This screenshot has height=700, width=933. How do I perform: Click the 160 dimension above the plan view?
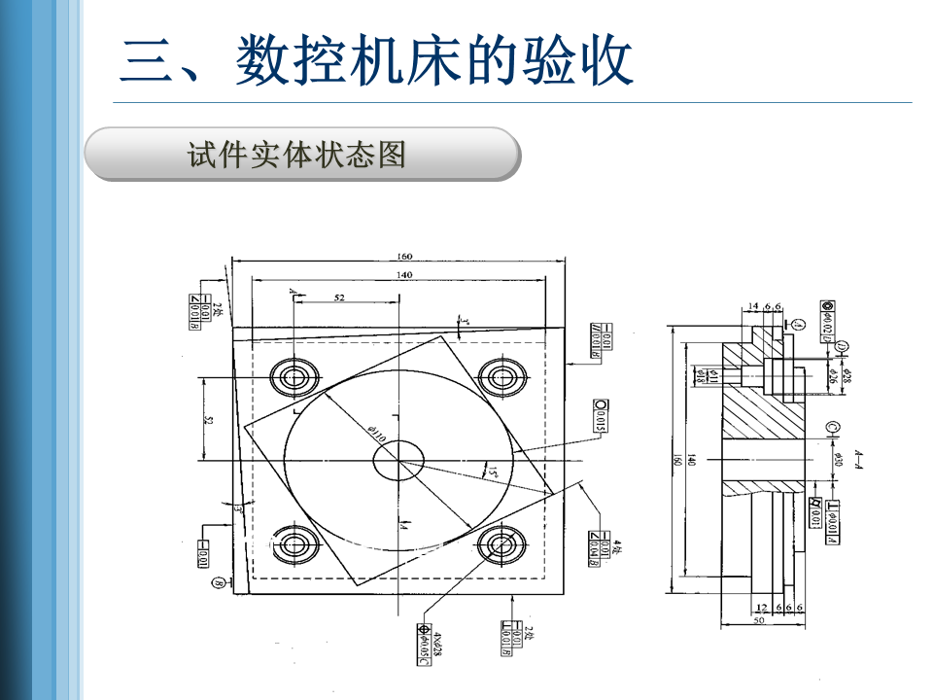(x=404, y=257)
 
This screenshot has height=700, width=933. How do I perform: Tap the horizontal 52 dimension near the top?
(x=339, y=297)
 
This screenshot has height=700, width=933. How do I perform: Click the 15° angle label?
(x=492, y=472)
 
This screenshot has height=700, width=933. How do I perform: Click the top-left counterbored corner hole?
(x=294, y=377)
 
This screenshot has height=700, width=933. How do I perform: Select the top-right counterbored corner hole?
(x=502, y=375)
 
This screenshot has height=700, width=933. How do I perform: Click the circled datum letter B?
(x=219, y=583)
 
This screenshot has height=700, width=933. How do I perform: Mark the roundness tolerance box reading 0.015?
(x=600, y=415)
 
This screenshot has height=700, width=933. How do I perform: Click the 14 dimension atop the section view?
(x=752, y=306)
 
